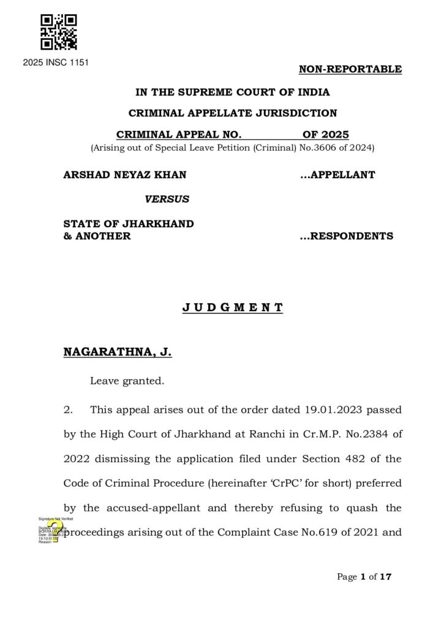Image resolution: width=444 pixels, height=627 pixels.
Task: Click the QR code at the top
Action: click(x=58, y=32)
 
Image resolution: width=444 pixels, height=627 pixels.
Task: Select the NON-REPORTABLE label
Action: click(x=350, y=69)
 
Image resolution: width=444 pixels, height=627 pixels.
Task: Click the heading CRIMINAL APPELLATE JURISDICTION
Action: click(x=232, y=113)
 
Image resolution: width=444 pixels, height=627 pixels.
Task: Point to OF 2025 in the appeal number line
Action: click(x=325, y=135)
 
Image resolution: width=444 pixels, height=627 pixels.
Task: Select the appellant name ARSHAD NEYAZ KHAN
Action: click(x=125, y=175)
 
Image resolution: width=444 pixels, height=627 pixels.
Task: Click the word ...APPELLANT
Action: click(x=337, y=175)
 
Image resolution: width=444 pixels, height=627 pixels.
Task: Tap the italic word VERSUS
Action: click(x=167, y=199)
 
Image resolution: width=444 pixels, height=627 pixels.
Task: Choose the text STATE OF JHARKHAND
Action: click(x=129, y=224)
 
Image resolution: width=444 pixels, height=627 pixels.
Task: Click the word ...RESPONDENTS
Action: click(x=346, y=236)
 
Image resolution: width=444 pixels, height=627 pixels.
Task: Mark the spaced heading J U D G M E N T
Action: click(x=232, y=307)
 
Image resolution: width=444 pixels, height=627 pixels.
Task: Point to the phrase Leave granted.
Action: click(x=127, y=381)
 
